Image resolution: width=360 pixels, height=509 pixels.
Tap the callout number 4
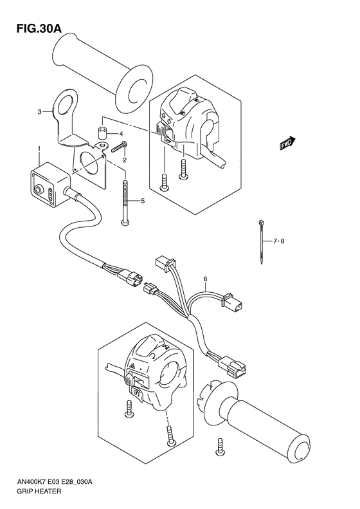pyautogui.click(x=120, y=134)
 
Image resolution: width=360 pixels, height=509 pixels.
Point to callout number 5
pyautogui.click(x=143, y=201)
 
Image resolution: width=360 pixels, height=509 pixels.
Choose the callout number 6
pyautogui.click(x=205, y=279)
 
